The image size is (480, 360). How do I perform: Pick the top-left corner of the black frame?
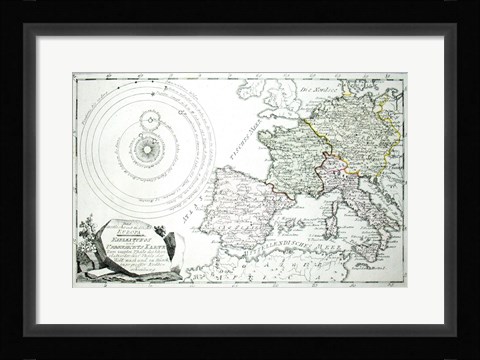tap(27, 26)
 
